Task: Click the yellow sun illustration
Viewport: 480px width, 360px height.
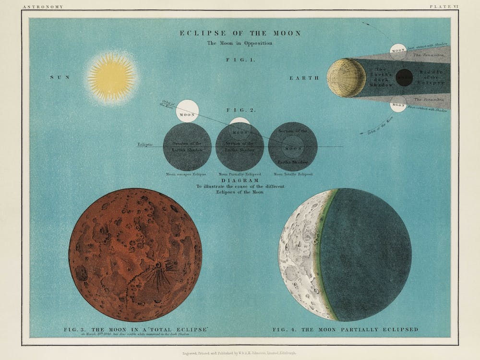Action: point(111,77)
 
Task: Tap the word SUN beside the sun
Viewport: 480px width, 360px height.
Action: point(60,77)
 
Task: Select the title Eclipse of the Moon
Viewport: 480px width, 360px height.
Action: point(240,33)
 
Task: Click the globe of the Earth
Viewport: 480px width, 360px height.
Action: point(346,77)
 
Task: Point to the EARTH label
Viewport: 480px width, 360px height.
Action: point(304,77)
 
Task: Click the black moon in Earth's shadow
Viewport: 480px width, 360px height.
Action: point(405,77)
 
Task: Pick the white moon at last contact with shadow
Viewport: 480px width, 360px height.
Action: point(398,51)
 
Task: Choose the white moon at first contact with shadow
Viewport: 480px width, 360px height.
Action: point(398,104)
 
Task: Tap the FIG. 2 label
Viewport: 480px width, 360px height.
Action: point(246,110)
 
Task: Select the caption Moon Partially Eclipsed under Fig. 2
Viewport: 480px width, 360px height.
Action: point(240,174)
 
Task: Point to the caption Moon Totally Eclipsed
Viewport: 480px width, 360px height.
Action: point(293,174)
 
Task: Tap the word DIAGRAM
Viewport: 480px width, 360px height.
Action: point(240,180)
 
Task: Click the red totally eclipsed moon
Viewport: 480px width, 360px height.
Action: point(135,254)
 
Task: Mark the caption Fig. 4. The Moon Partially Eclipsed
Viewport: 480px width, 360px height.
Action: point(345,330)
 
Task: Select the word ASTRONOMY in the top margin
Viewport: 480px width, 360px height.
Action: point(36,7)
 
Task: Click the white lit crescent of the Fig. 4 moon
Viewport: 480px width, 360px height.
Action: point(300,254)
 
